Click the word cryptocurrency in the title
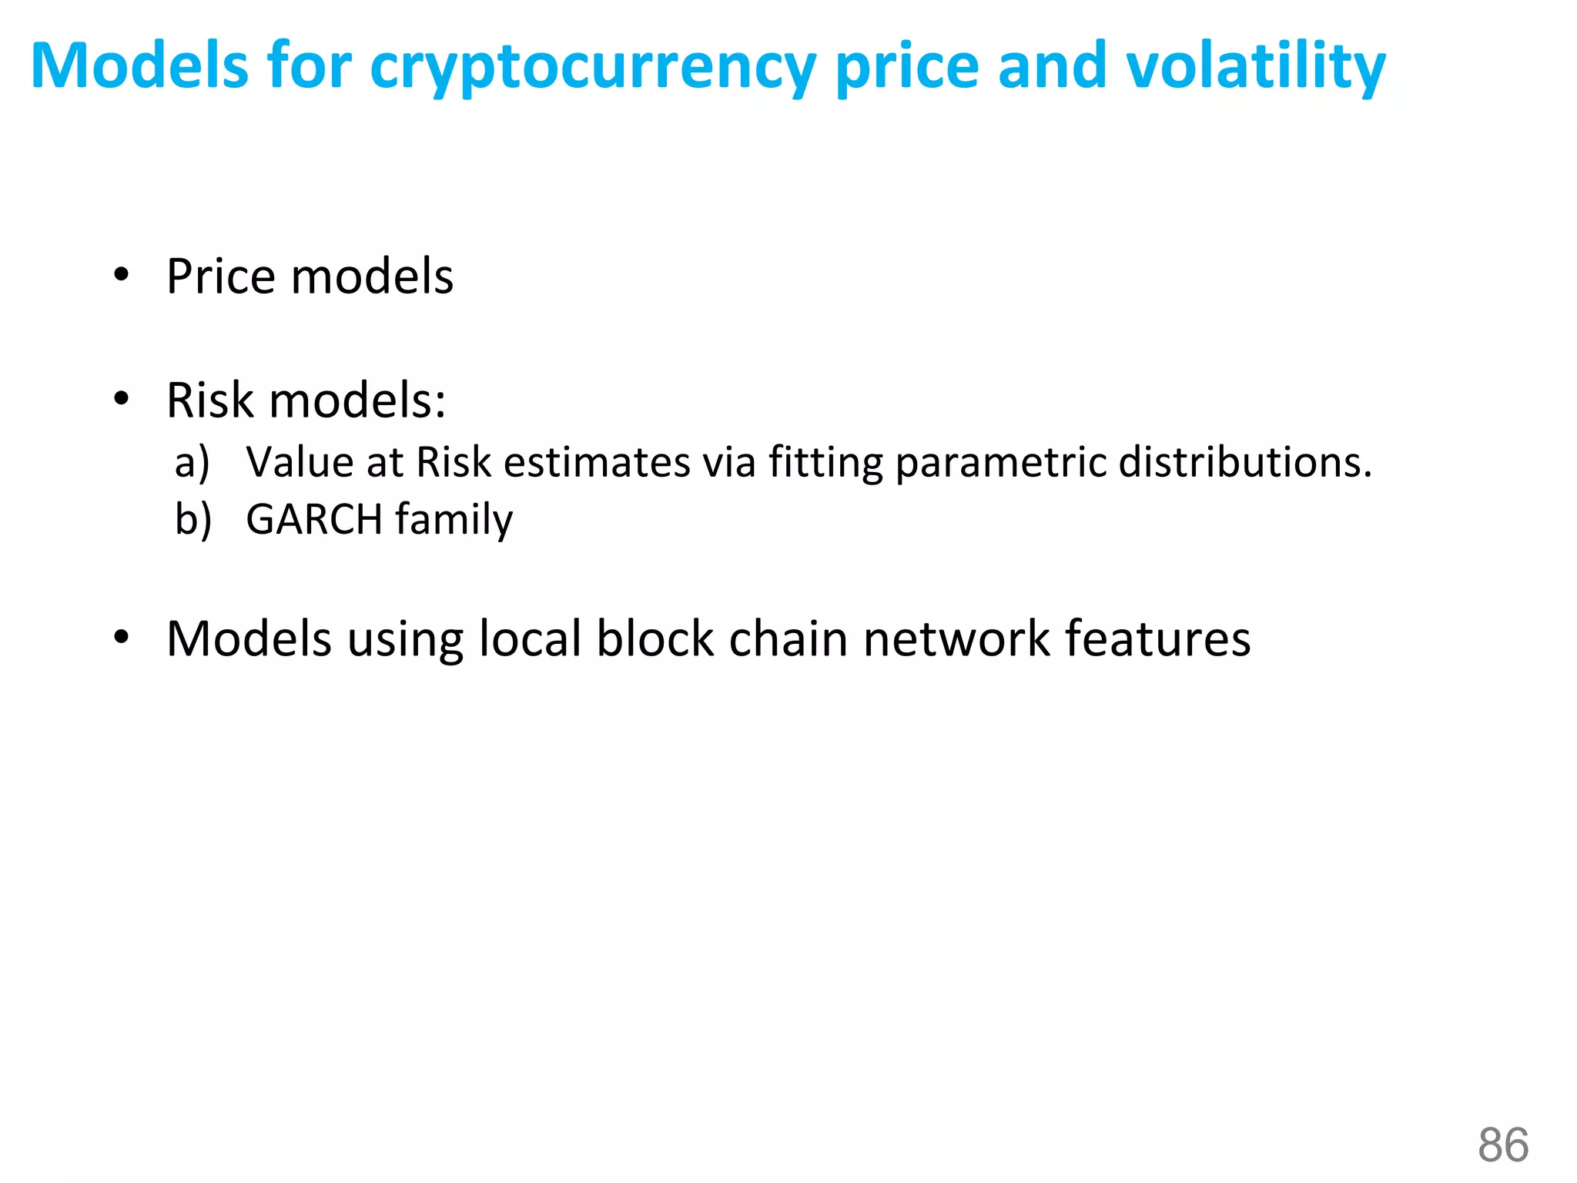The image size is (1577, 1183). pos(593,68)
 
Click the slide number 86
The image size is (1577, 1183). pos(1502,1144)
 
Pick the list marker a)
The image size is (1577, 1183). pos(192,463)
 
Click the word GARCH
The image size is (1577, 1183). pos(314,519)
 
